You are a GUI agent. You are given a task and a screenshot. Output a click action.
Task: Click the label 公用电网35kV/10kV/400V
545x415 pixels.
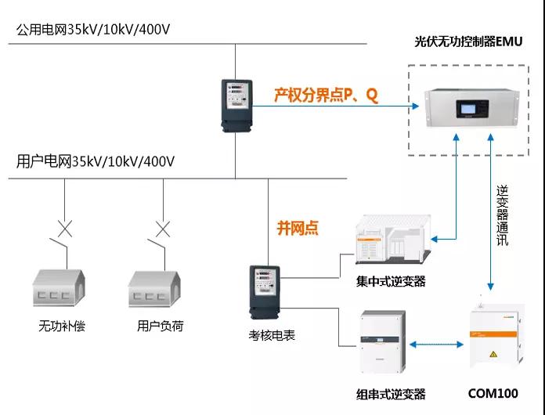(93, 31)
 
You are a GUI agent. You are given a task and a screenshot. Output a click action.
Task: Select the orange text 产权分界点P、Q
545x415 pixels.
(326, 96)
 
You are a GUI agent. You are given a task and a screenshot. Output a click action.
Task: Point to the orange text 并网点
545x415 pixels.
(298, 228)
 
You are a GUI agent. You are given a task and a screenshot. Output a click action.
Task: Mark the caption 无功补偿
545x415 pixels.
(62, 326)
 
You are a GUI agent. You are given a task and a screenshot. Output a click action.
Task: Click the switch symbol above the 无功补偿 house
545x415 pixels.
(64, 234)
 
